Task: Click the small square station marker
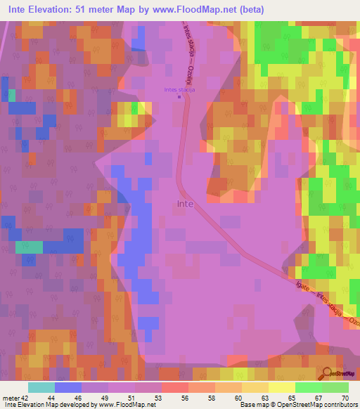pos(180,98)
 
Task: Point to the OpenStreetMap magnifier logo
pos(328,374)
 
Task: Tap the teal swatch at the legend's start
pos(41,387)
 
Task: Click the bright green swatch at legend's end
pos(335,387)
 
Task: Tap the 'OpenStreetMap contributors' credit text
pos(319,405)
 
